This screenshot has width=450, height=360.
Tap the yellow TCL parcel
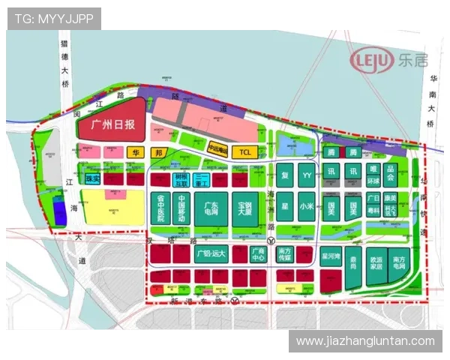(x=244, y=152)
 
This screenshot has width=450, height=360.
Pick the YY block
(x=306, y=177)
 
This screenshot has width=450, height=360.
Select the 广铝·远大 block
(x=211, y=254)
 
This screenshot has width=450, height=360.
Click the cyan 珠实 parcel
(x=93, y=178)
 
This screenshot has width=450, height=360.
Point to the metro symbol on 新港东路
(x=235, y=301)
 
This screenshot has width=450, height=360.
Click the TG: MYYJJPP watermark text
(x=54, y=18)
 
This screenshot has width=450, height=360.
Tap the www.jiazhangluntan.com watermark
(x=365, y=341)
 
